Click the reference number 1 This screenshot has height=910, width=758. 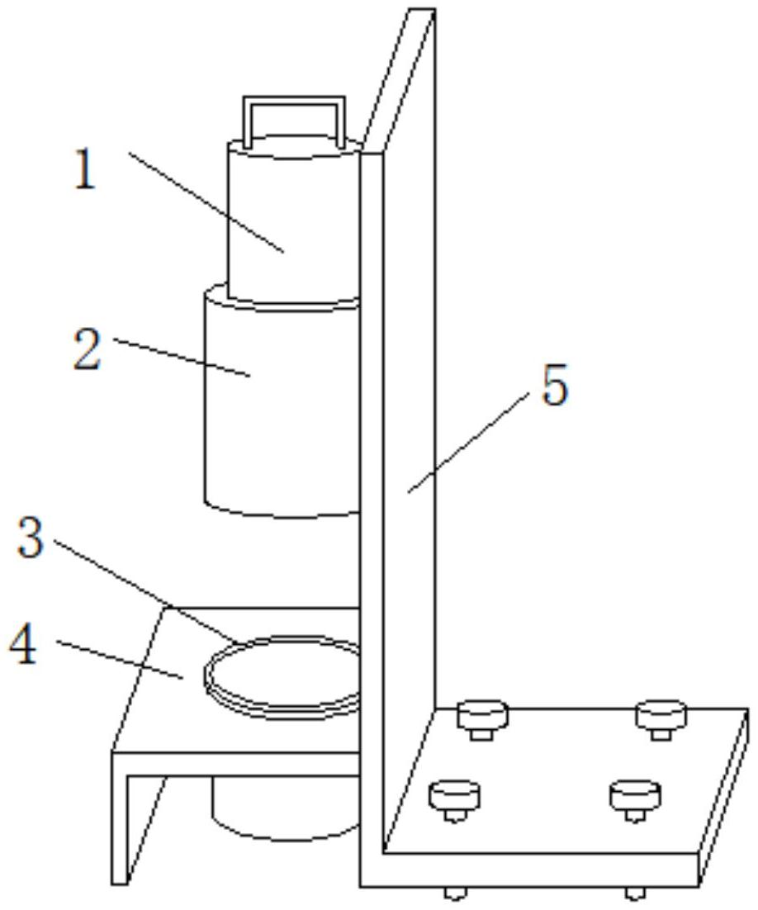pyautogui.click(x=85, y=169)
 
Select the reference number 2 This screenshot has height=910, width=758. pyautogui.click(x=87, y=348)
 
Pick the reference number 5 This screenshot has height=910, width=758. pyautogui.click(x=555, y=385)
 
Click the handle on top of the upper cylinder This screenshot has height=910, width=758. pyautogui.click(x=294, y=119)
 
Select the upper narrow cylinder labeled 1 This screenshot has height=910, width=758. pyautogui.click(x=293, y=220)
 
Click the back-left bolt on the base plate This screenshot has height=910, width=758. pyautogui.click(x=483, y=720)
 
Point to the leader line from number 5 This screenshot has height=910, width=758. pyautogui.click(x=468, y=443)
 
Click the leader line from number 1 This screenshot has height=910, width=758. pyautogui.click(x=206, y=202)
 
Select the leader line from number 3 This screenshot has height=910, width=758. pyautogui.click(x=148, y=591)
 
